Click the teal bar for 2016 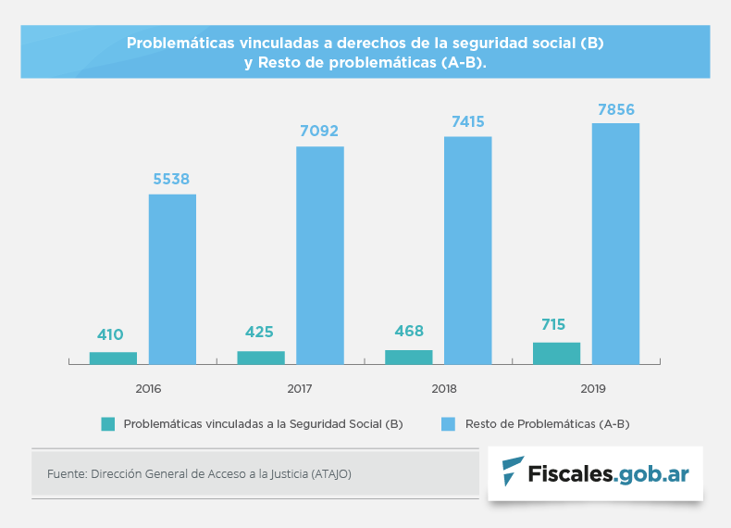pos(113,358)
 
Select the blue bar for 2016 pos(172,279)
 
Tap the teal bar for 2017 pos(261,358)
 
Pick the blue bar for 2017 pos(320,255)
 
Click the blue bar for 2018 pos(468,250)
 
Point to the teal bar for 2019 pos(556,353)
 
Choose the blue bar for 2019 pos(616,243)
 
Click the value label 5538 pos(171,179)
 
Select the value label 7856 pos(616,109)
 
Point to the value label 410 pos(110,334)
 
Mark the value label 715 pos(553,325)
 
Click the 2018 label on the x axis pos(443,389)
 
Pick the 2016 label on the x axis pos(148,389)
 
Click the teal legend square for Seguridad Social pos(108,424)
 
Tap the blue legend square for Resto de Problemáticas pos(449,424)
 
